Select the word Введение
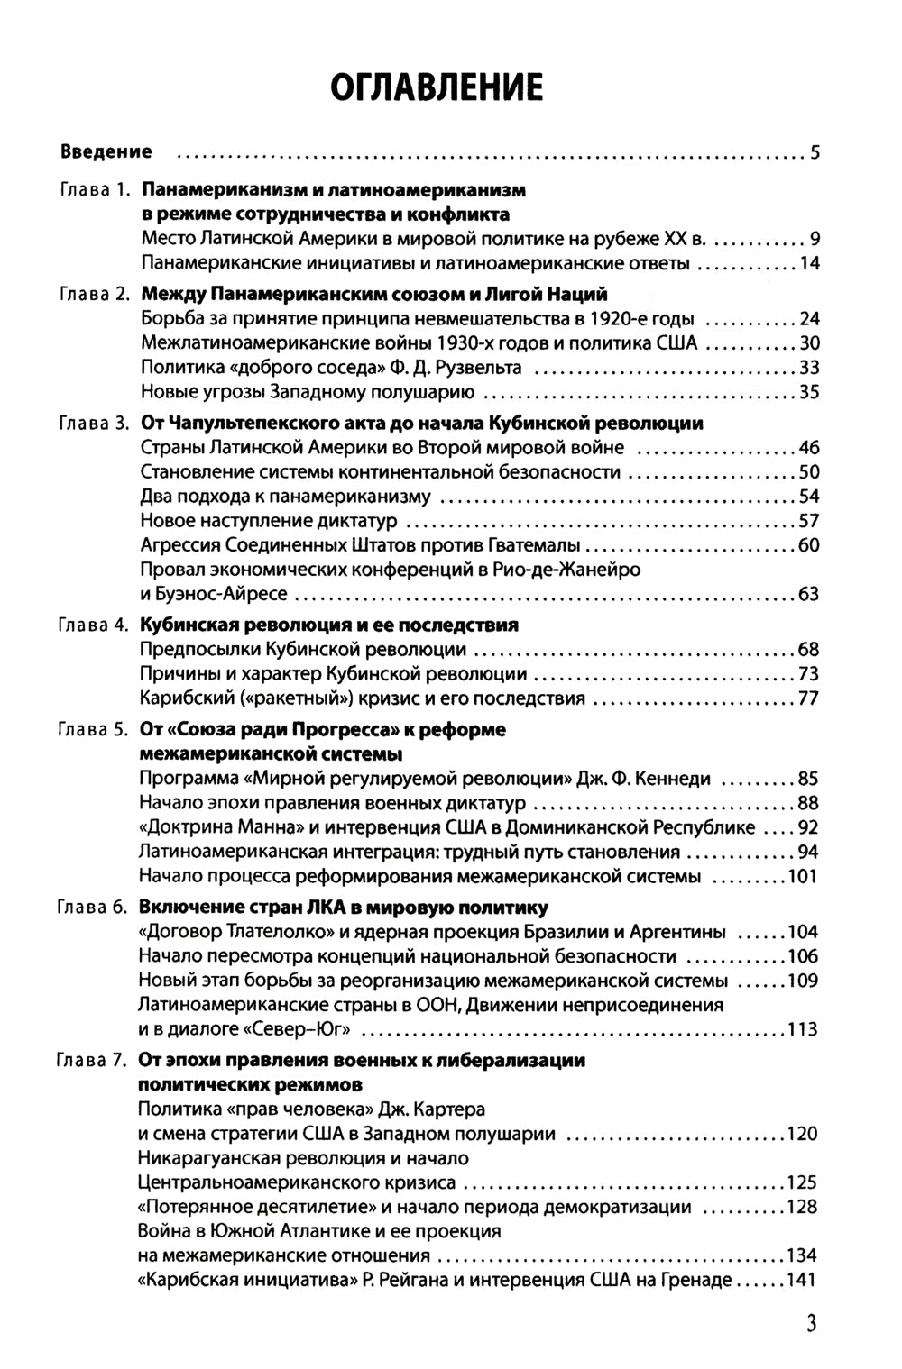click(x=106, y=151)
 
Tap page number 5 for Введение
click(x=815, y=152)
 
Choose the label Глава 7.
click(x=94, y=1061)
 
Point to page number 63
click(x=808, y=594)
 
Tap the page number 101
click(x=802, y=876)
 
